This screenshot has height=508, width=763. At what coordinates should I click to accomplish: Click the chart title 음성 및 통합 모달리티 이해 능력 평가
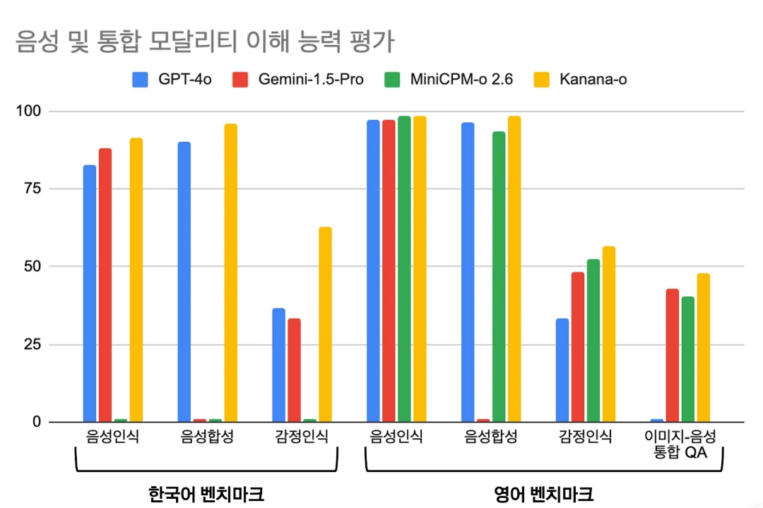(x=205, y=42)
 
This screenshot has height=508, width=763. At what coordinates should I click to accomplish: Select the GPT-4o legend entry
(x=172, y=79)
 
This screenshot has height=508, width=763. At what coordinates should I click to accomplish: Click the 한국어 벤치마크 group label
(x=206, y=493)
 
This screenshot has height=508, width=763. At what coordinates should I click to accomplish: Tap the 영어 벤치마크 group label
(x=543, y=493)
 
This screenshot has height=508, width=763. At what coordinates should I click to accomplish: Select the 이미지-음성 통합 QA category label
(x=680, y=444)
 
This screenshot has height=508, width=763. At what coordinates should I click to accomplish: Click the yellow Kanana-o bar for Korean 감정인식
(x=325, y=325)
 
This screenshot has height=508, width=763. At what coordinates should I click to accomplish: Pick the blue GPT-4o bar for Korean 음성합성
(x=184, y=282)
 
